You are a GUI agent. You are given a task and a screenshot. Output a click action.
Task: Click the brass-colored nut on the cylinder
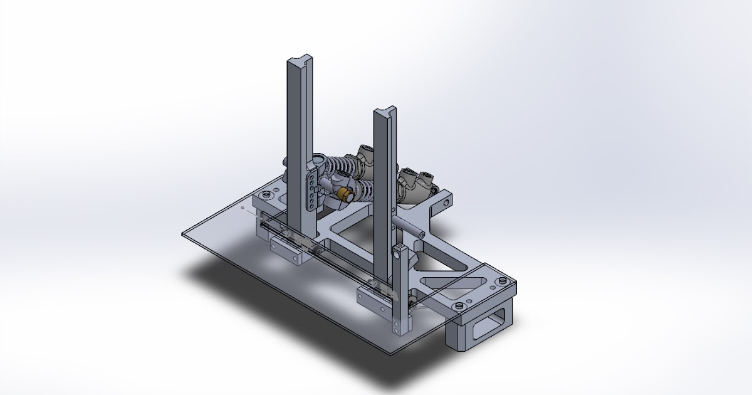click(343, 195)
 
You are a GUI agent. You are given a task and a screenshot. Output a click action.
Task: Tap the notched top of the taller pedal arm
click(299, 61)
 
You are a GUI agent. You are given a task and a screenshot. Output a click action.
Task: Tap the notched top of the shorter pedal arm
click(384, 113)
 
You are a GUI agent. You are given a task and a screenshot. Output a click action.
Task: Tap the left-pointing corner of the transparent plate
click(183, 234)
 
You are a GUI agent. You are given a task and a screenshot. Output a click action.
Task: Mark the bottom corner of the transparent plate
click(390, 355)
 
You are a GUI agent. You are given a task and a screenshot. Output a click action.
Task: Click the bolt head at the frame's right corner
click(504, 282)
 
